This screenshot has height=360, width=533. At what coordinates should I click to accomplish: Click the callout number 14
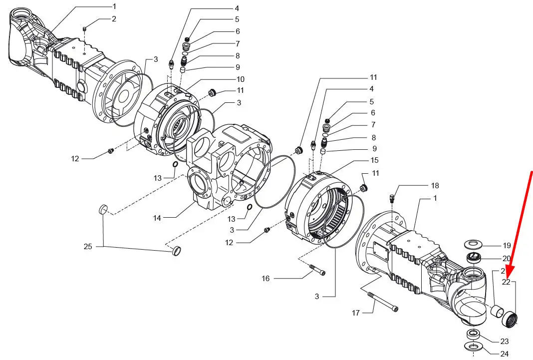coord(157,218)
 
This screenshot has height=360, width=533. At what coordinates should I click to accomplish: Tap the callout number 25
coord(88,247)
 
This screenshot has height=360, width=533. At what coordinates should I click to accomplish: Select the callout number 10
coord(241,79)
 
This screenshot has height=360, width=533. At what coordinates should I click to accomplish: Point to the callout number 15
coord(374,160)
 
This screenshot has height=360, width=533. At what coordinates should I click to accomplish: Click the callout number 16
coord(266,279)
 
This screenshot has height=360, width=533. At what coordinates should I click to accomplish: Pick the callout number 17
coord(355,313)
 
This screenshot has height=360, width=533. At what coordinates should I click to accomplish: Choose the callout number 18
coord(435,186)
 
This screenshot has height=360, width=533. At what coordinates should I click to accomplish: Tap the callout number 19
coord(507,246)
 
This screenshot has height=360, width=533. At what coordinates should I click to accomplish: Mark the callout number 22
coord(506,282)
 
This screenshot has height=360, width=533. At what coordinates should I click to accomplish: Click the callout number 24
coord(505,354)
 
